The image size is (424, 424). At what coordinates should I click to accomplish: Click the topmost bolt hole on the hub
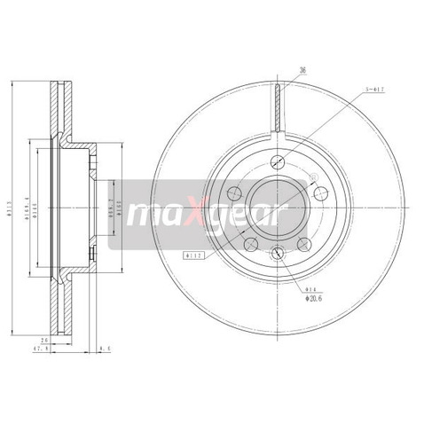pyautogui.click(x=279, y=161)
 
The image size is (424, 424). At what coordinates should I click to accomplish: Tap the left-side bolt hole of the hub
pyautogui.click(x=234, y=192)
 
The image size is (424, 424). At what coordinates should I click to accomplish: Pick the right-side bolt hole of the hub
pyautogui.click(x=322, y=192)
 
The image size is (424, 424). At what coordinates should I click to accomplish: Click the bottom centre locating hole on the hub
pyautogui.click(x=279, y=254)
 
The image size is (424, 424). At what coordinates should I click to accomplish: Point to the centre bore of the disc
pyautogui.click(x=279, y=207)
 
